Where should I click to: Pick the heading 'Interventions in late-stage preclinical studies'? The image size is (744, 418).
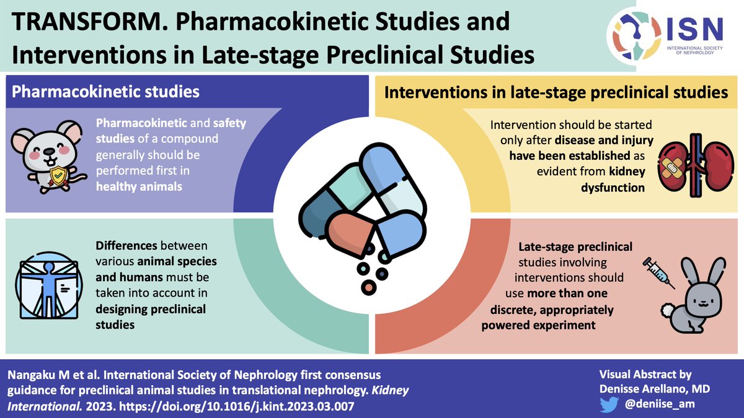click(556, 94)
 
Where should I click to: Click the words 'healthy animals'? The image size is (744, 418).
click(139, 186)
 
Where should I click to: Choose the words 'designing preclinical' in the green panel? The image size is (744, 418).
click(151, 309)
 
